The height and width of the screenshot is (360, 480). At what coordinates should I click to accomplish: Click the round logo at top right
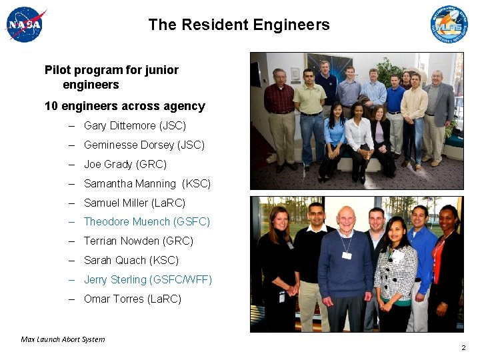(449, 25)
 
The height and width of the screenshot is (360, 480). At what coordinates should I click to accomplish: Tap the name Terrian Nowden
(122, 241)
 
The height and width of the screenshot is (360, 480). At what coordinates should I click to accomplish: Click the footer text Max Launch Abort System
(63, 339)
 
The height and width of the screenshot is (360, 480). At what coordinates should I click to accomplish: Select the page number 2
(463, 348)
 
